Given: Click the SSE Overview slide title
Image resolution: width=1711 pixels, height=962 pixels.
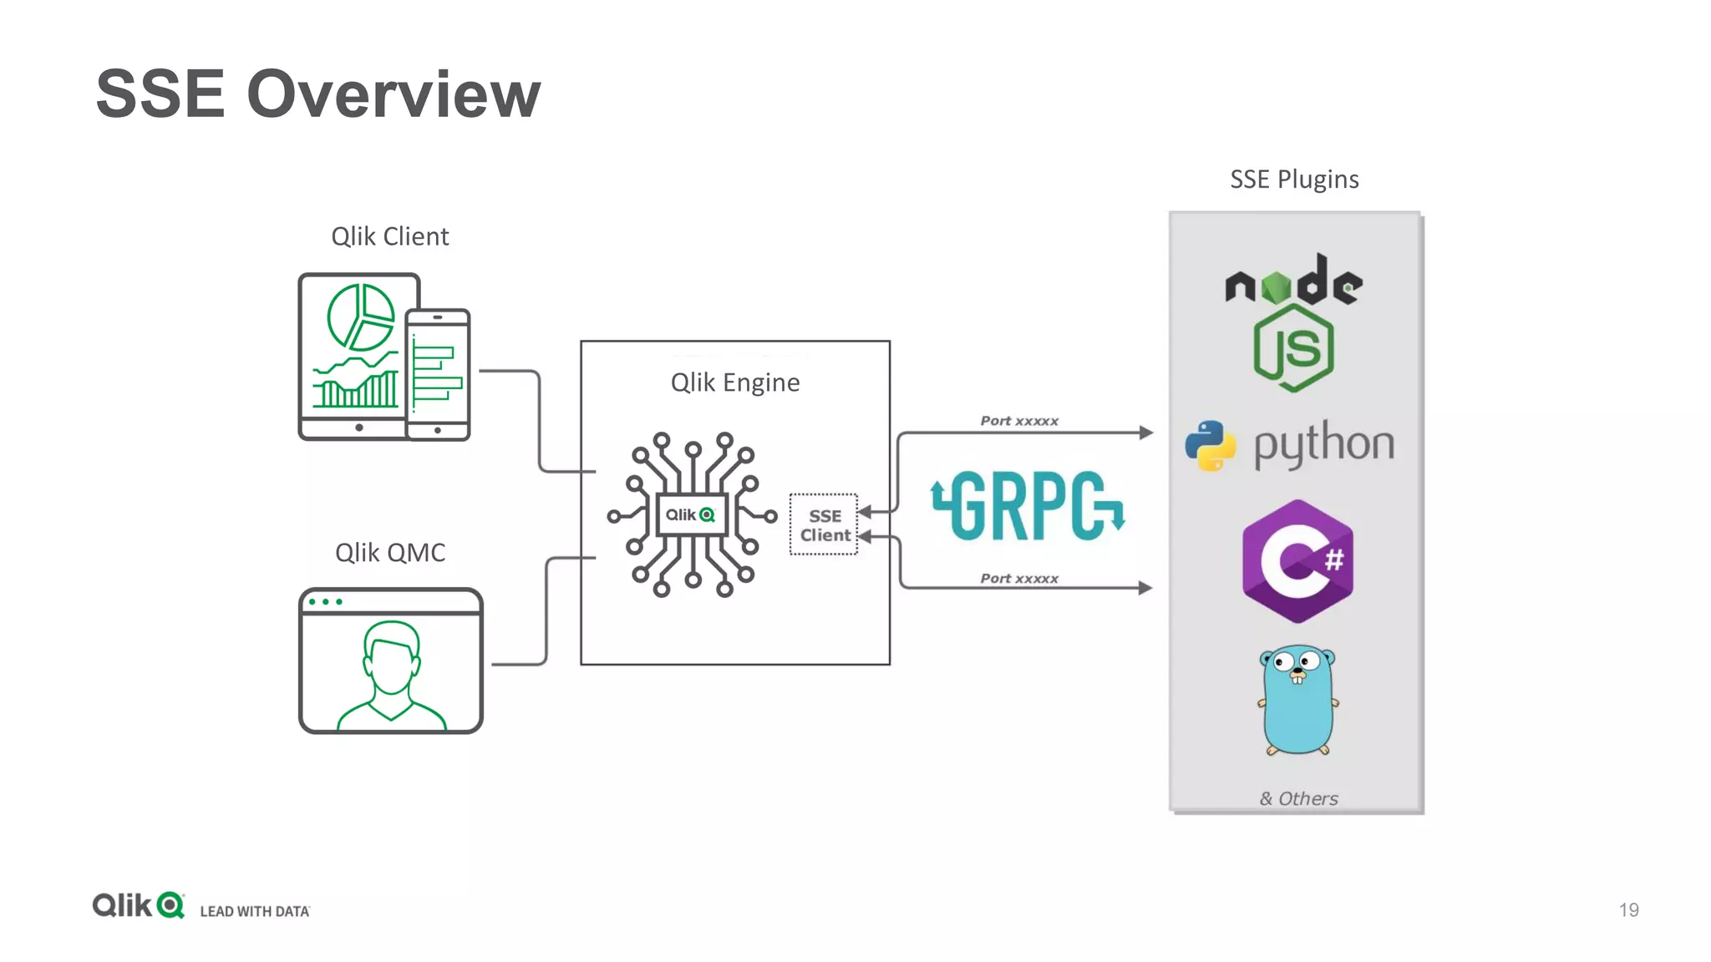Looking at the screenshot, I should click(x=317, y=94).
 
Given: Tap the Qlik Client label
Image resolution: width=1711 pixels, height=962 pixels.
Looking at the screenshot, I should click(x=389, y=236).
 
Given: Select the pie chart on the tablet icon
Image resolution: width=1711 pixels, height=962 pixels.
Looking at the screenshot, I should click(x=360, y=316).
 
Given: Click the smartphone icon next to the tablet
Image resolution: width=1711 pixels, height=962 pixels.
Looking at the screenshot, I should click(x=438, y=374).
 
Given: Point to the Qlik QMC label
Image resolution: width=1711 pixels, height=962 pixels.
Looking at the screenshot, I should click(x=389, y=552).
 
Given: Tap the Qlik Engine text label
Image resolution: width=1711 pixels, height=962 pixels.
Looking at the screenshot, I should click(x=734, y=382).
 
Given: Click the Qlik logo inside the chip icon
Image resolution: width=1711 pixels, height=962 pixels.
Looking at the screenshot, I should click(x=691, y=514).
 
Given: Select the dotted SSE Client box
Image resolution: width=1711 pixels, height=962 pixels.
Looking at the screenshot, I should click(x=824, y=525).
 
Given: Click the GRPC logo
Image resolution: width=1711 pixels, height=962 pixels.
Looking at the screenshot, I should click(x=1028, y=506).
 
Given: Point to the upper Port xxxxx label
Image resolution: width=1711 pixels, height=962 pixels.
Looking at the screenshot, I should click(x=1018, y=421).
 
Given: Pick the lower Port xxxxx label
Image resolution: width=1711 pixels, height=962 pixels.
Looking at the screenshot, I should click(x=1018, y=578).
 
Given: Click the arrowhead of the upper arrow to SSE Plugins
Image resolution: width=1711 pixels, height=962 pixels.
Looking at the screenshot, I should click(x=1146, y=433).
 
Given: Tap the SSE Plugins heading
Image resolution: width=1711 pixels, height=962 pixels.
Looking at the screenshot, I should click(x=1293, y=180).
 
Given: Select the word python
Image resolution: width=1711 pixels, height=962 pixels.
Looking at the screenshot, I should click(x=1323, y=444).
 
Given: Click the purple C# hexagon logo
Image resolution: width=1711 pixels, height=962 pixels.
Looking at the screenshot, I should click(x=1297, y=561).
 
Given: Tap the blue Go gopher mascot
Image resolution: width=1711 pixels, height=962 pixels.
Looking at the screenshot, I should click(x=1297, y=700).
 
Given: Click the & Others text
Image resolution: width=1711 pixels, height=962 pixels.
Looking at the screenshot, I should click(x=1298, y=798).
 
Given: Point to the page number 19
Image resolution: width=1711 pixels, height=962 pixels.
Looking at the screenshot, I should click(x=1628, y=909).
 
